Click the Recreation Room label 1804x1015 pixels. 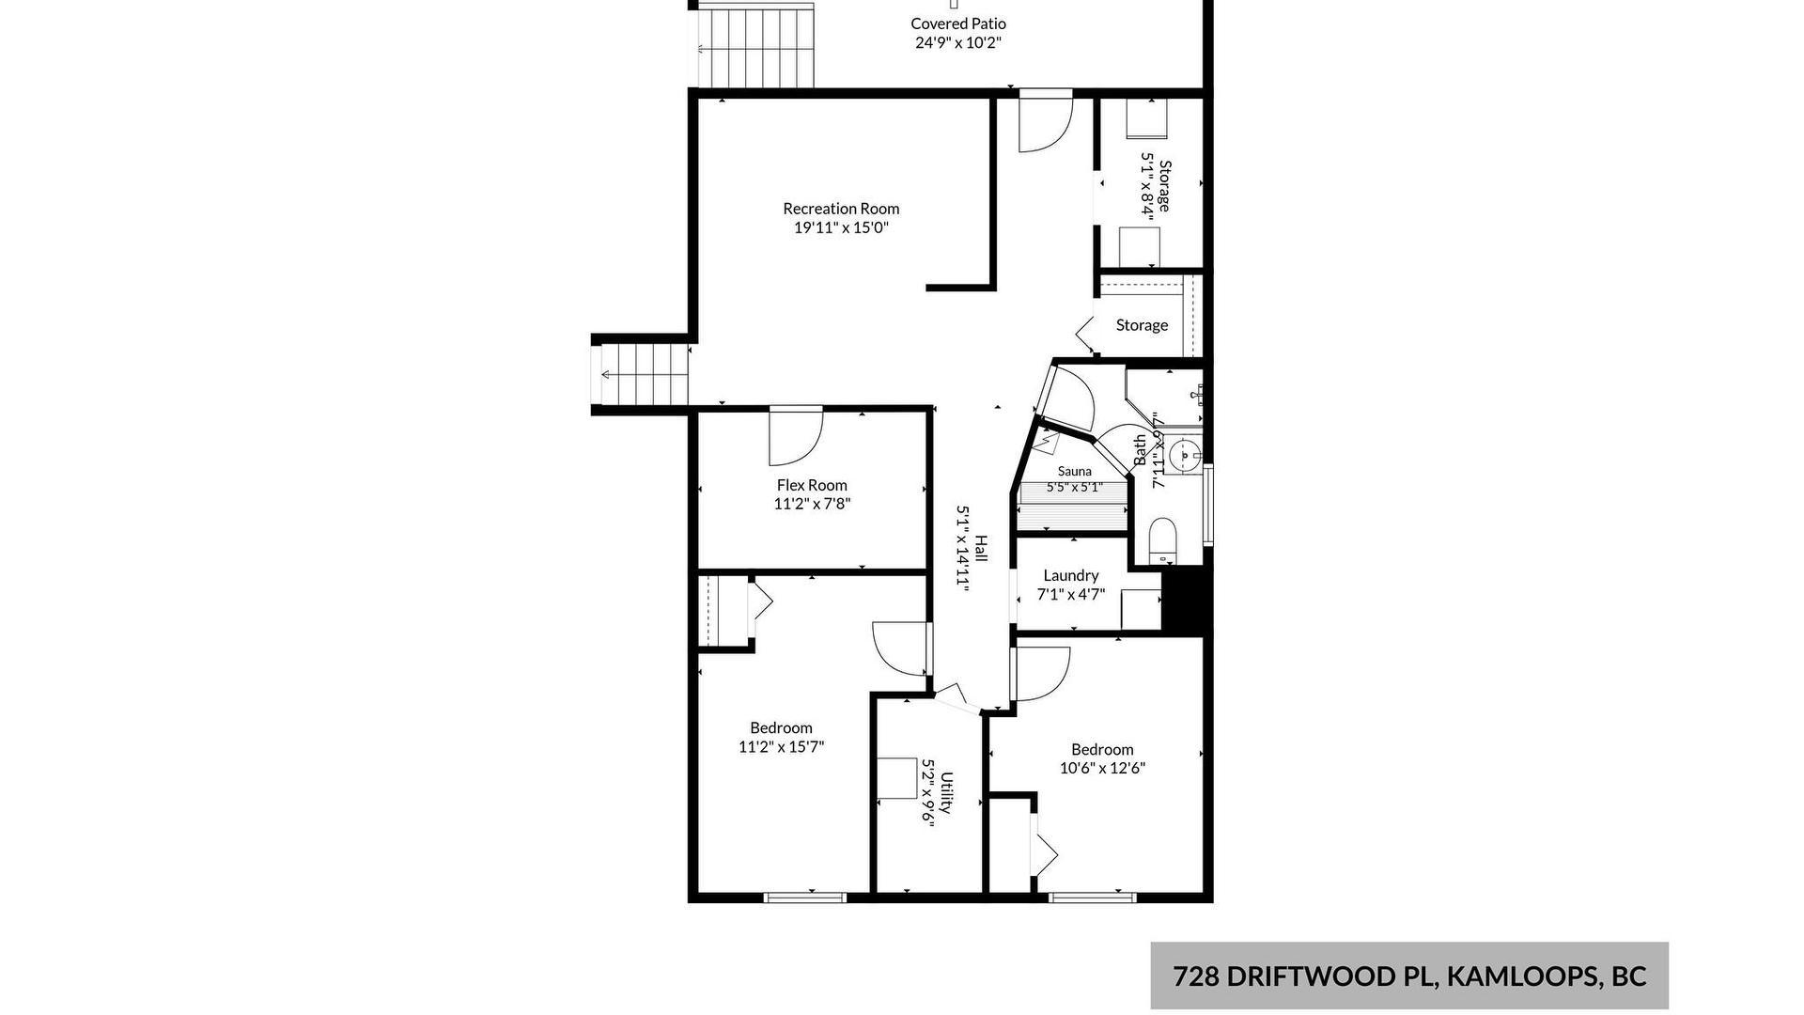841,209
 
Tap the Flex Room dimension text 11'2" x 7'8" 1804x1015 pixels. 812,504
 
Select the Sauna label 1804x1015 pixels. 1074,472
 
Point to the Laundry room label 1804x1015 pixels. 1070,575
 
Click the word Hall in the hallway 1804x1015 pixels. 981,549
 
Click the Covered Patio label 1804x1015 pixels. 957,23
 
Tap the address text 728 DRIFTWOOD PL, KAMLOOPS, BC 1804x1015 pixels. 1409,976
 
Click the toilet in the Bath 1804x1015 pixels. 1162,539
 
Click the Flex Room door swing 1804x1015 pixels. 796,436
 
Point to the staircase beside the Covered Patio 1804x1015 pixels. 754,45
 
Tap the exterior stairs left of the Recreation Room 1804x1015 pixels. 644,374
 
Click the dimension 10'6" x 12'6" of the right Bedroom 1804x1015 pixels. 1102,768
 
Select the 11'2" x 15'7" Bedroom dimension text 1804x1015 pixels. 781,747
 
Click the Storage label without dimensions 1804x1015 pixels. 1142,325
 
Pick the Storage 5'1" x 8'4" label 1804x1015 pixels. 1156,186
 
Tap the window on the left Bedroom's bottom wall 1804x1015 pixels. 805,898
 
